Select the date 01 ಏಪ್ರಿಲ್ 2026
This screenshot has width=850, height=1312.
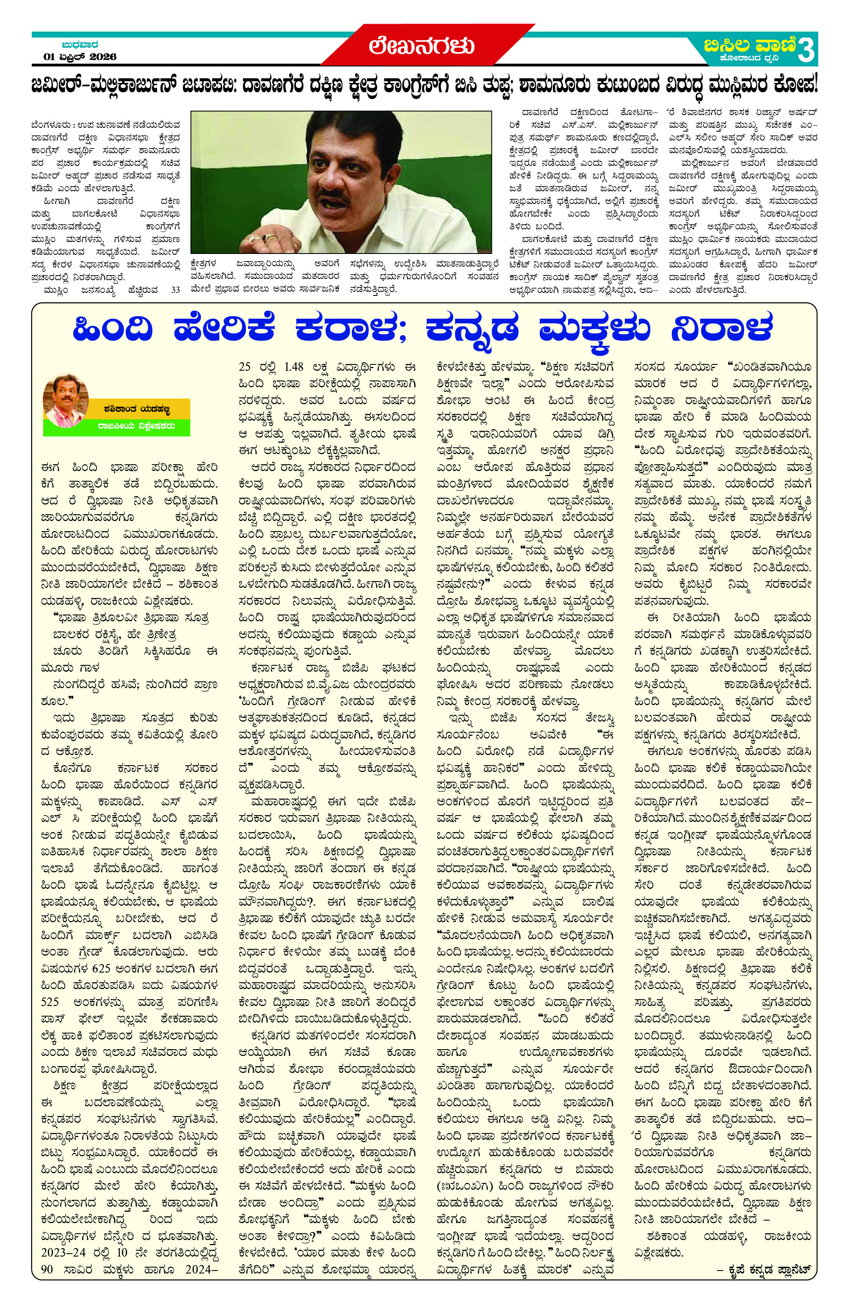[x=80, y=57]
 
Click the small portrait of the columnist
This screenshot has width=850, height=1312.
[x=66, y=400]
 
